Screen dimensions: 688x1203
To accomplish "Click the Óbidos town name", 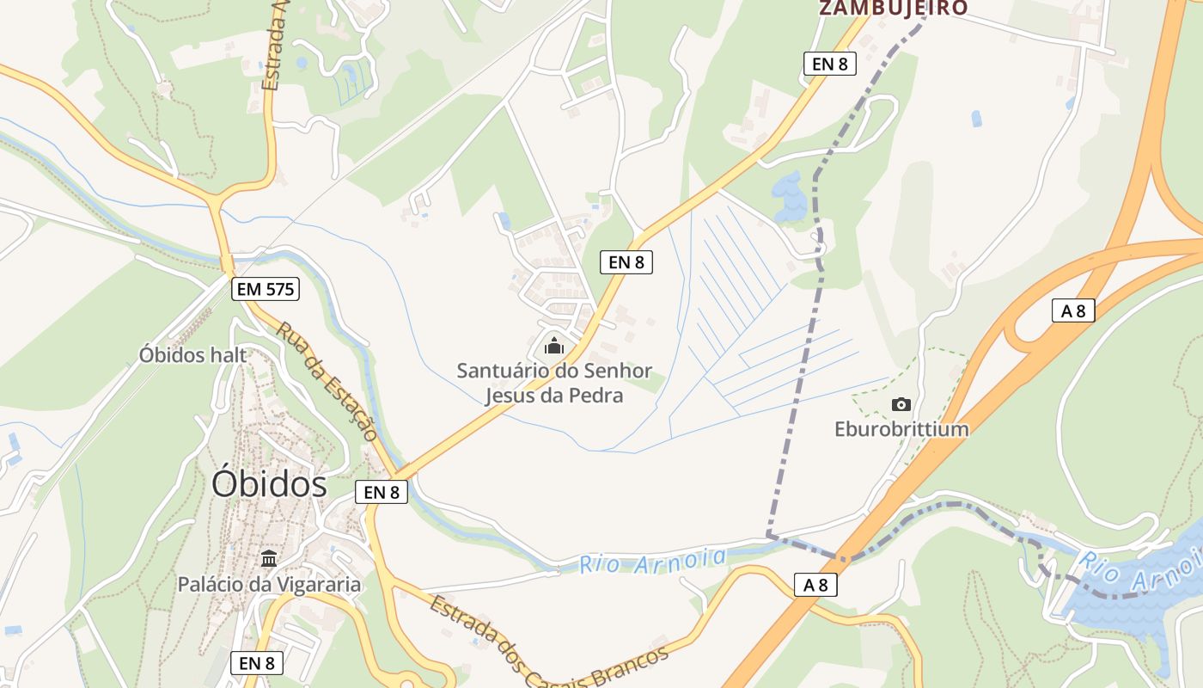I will click(x=269, y=484).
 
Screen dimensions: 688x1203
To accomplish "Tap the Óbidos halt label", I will click(x=192, y=354).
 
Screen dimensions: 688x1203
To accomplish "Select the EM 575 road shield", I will click(x=266, y=289).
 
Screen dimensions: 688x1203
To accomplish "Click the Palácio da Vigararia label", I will click(x=269, y=585).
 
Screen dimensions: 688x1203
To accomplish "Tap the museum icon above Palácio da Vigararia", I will click(x=269, y=559).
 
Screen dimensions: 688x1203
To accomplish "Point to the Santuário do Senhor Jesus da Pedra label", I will click(x=554, y=384).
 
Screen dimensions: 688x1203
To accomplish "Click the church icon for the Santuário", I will click(x=554, y=346).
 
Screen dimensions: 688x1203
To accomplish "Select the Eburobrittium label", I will click(x=901, y=428).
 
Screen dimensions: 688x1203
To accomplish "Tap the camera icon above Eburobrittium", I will click(x=901, y=404).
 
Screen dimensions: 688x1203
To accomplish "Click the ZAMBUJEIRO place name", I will click(x=893, y=9).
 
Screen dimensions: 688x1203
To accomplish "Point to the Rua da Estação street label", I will click(x=327, y=381).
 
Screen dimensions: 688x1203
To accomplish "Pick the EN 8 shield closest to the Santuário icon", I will click(x=626, y=262).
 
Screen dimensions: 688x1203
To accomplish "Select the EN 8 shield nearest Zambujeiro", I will click(x=829, y=63).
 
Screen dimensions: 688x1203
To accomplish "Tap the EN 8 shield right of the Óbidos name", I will click(x=382, y=492).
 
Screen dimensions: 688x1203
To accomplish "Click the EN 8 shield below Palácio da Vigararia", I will click(x=257, y=663).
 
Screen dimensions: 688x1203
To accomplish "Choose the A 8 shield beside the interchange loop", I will click(x=1073, y=310).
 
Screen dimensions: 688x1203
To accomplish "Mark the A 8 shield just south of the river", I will click(x=815, y=585).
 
